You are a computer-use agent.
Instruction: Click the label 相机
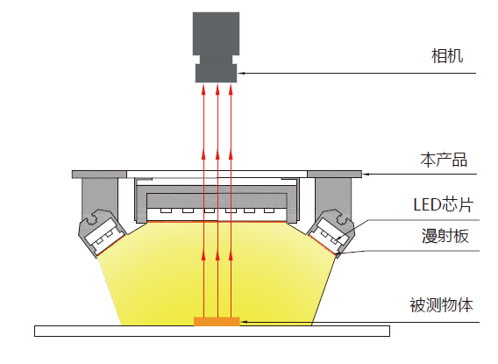coord(447,56)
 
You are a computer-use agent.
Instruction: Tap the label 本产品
coord(444,160)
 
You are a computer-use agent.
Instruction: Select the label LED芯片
coord(444,204)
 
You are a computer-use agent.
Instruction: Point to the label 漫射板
coord(445,236)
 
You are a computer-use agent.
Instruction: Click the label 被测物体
coord(441,305)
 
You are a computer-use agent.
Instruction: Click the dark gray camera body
coord(216,33)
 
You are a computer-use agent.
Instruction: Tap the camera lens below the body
coord(216,73)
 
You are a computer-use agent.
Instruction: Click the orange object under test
coord(217,321)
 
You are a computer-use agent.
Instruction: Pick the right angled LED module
coord(331,232)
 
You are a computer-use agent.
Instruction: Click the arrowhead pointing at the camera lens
coord(242,73)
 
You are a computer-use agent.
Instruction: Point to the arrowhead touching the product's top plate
coord(366,174)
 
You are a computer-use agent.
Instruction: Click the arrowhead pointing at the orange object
coord(244,322)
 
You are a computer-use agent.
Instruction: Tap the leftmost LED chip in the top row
coord(166,211)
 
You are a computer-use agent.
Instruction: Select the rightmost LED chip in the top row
coord(269,211)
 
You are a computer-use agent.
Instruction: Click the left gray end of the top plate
coord(99,174)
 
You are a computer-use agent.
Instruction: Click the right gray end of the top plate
coord(334,174)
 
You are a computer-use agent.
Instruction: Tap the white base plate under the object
coord(212,331)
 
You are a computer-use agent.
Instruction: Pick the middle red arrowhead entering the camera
coord(217,89)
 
